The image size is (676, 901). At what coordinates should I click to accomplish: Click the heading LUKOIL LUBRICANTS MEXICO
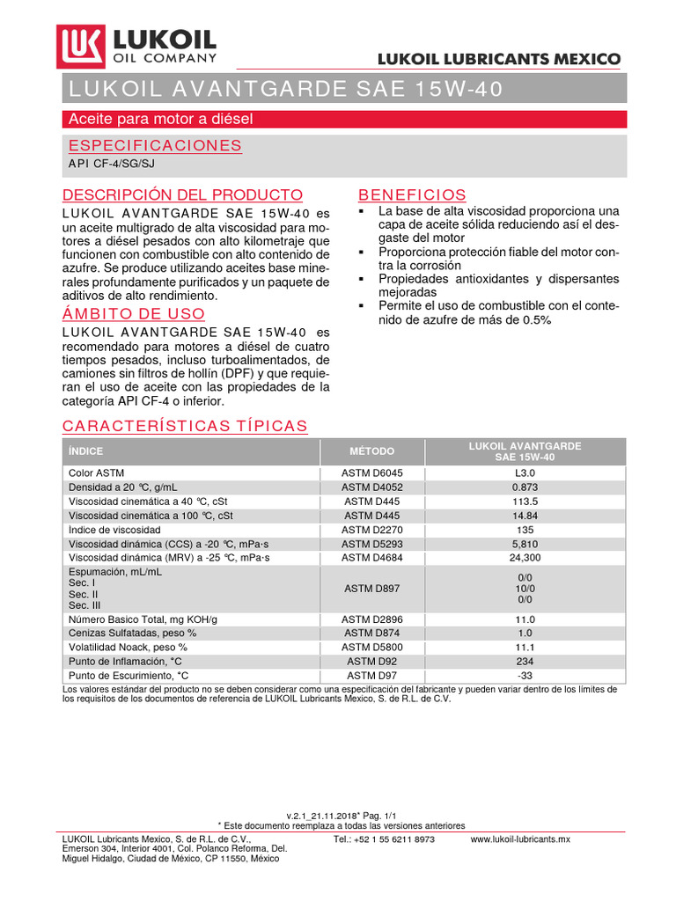499,60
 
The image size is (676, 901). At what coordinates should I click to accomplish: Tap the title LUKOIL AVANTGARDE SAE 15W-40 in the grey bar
287,89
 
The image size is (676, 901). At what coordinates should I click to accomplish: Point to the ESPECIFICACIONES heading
155,145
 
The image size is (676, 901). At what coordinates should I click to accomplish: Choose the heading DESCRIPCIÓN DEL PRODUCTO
183,194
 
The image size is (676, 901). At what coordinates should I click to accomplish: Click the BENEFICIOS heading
412,194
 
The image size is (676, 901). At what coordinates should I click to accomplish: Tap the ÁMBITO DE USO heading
134,313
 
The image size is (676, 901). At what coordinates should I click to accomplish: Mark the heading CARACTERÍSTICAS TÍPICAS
185,426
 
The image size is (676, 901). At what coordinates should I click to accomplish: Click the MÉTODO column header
371,451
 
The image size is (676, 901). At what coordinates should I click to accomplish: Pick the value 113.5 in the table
525,501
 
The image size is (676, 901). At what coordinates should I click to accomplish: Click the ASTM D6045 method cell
371,472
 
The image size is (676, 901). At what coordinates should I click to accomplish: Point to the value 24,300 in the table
525,557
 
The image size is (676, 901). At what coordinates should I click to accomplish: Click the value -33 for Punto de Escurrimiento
525,675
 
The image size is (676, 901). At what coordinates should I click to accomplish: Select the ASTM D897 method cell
371,588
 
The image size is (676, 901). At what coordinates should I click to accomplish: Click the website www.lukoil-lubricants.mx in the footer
520,839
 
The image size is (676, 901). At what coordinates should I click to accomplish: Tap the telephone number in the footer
385,839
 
